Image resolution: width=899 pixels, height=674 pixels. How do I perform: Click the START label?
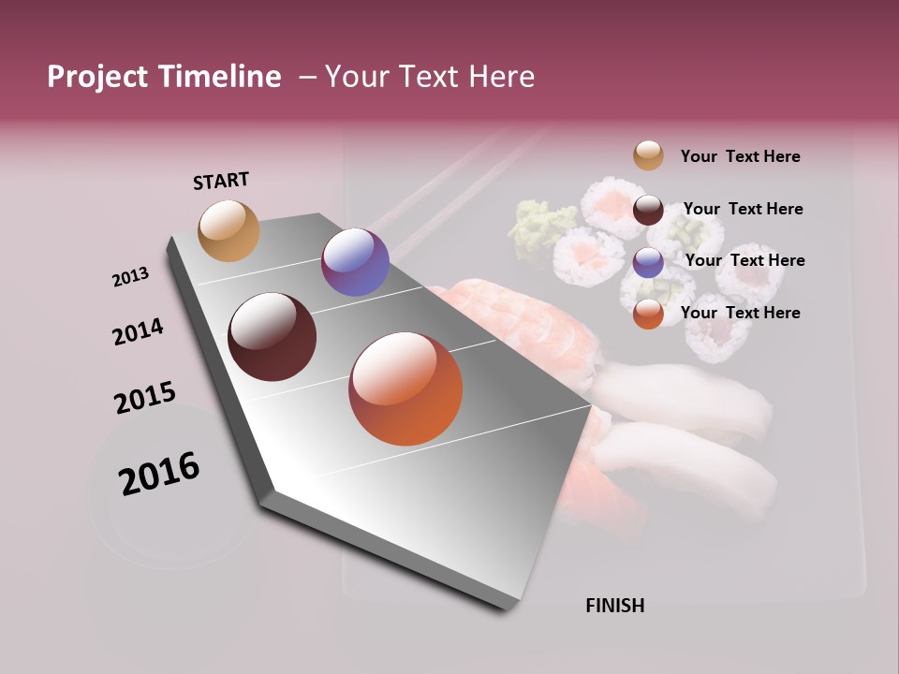221,181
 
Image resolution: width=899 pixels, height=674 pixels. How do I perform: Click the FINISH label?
614,606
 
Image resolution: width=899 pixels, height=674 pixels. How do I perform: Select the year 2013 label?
130,277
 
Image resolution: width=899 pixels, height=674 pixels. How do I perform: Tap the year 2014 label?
138,332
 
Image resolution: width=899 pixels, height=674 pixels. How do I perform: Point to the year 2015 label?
144,398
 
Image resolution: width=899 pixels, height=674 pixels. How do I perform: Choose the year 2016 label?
159,473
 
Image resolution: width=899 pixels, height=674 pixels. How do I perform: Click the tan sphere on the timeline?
228,230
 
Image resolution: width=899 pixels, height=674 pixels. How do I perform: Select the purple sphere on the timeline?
355,262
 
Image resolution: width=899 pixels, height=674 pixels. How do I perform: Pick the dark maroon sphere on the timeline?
272,337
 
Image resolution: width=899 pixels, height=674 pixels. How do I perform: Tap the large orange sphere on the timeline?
405,388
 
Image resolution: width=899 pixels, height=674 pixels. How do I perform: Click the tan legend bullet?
648,155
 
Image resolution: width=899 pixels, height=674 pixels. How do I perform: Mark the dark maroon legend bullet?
648,209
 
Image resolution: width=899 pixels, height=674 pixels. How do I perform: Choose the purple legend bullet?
648,261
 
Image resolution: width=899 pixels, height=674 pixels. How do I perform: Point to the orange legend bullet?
648,314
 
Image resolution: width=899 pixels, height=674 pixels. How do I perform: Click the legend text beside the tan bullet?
740,156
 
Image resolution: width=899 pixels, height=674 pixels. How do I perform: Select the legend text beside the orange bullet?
740,313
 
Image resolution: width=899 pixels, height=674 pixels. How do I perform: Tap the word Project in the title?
97,77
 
